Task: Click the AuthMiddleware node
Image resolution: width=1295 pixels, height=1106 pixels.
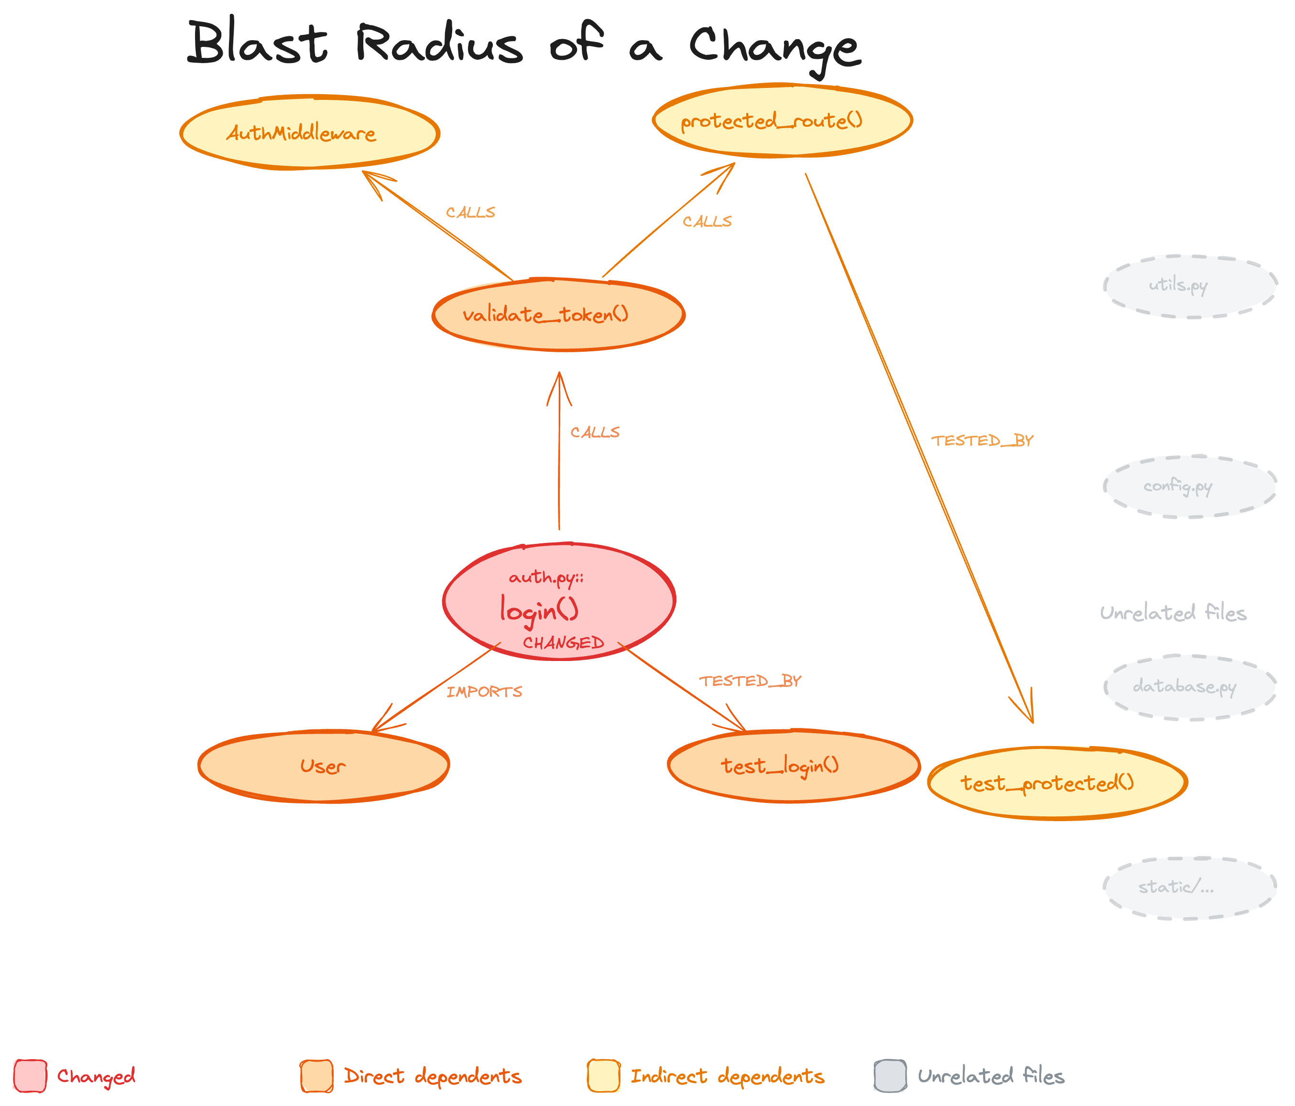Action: click(309, 132)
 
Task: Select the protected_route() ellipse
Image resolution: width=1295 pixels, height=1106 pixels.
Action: click(782, 120)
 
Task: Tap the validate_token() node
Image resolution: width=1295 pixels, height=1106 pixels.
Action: click(558, 314)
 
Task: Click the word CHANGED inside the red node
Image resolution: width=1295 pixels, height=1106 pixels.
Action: click(563, 643)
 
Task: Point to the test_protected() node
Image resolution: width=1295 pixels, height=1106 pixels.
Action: click(1057, 783)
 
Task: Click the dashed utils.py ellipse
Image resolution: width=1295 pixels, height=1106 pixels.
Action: click(1189, 286)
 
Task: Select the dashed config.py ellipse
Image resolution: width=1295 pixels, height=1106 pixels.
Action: click(1189, 487)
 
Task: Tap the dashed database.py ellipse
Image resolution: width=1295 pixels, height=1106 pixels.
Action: click(1189, 687)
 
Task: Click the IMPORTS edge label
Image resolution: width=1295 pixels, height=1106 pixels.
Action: click(484, 692)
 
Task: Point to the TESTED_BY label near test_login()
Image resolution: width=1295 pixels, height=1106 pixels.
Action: click(750, 681)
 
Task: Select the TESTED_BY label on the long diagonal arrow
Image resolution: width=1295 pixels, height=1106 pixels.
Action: click(982, 441)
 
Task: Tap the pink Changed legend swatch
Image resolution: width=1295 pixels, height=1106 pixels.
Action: click(30, 1076)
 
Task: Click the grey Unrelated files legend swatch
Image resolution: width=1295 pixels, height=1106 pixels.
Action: click(890, 1076)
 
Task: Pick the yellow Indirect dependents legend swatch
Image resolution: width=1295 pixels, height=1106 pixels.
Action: click(603, 1076)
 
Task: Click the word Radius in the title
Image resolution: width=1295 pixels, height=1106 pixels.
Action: click(439, 44)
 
